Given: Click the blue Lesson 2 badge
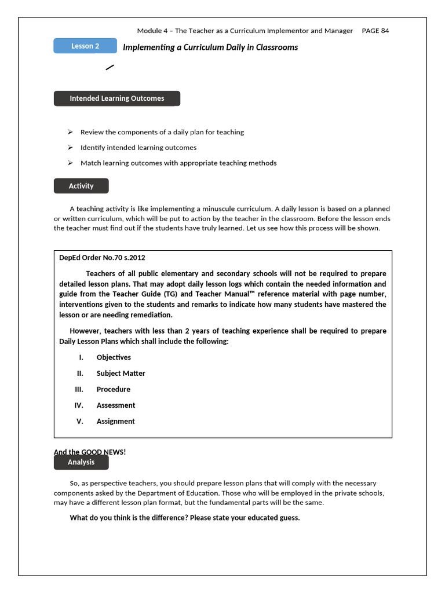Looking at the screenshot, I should tap(85, 46).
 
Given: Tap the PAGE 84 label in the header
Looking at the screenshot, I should tap(375, 31).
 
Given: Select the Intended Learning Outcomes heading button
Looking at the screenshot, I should tap(117, 98).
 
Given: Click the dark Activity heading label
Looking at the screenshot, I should tap(81, 186).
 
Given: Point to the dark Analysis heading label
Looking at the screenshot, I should tap(81, 462).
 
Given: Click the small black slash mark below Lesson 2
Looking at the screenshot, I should tap(110, 68).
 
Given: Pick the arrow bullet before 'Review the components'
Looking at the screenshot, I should tap(70, 132).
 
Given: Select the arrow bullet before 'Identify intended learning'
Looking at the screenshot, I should tap(70, 148).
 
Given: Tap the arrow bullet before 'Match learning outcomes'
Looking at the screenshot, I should tap(70, 163).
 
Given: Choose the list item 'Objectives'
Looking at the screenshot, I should tap(114, 357).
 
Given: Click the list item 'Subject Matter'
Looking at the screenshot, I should tap(121, 374).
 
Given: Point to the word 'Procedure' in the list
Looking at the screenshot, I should tap(113, 389).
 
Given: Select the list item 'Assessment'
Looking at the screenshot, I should tap(116, 405).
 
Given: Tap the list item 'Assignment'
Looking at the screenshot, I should tap(115, 422).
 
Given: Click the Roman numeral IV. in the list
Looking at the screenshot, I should tap(79, 405).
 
